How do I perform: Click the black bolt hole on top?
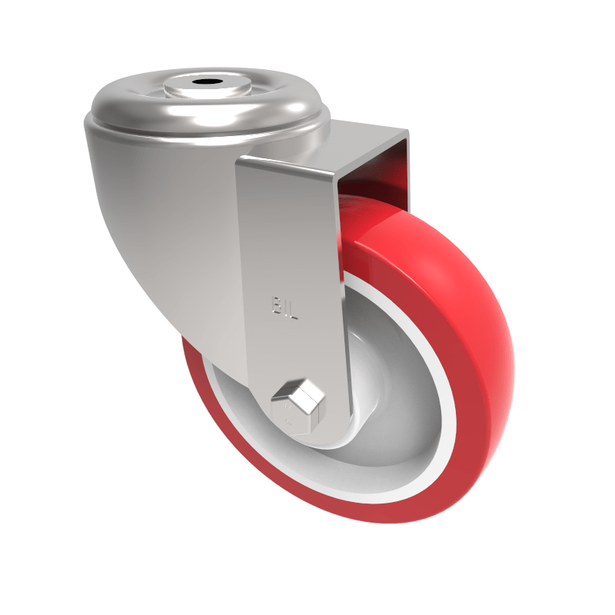click(206, 81)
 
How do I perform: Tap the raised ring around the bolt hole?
click(184, 87)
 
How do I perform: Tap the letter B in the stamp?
click(275, 306)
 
